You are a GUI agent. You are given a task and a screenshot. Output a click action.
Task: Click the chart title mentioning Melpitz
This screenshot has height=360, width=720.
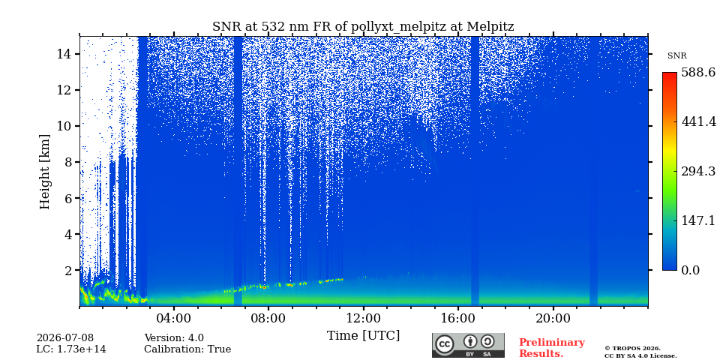[363, 27]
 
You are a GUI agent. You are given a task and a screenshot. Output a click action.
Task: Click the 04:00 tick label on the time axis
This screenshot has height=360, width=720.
[173, 318]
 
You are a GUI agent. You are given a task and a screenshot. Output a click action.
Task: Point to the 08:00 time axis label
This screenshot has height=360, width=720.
[268, 318]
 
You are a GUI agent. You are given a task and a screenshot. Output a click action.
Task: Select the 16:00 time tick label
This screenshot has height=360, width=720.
[458, 318]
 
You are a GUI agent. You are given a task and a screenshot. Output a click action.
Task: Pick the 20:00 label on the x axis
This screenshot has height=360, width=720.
[553, 318]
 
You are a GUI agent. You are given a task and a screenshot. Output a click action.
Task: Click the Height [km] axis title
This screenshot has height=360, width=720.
[44, 172]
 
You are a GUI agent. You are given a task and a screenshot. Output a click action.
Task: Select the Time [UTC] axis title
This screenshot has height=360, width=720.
[363, 336]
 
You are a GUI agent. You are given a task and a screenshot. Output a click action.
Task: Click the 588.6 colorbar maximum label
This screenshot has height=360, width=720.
[698, 73]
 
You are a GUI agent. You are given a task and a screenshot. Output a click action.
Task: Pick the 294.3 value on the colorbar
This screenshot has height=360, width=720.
[698, 171]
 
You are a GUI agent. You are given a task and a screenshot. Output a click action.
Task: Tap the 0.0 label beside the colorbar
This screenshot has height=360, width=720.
[690, 270]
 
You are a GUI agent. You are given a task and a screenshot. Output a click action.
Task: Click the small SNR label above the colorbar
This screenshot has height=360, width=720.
[676, 56]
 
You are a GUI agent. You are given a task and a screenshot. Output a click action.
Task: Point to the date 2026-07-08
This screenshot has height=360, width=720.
[64, 338]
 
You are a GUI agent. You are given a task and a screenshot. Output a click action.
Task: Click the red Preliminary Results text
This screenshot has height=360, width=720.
[551, 347]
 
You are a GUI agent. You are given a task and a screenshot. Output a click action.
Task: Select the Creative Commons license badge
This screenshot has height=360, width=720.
[468, 345]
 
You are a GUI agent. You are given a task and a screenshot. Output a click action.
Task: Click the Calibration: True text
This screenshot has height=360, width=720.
[187, 349]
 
